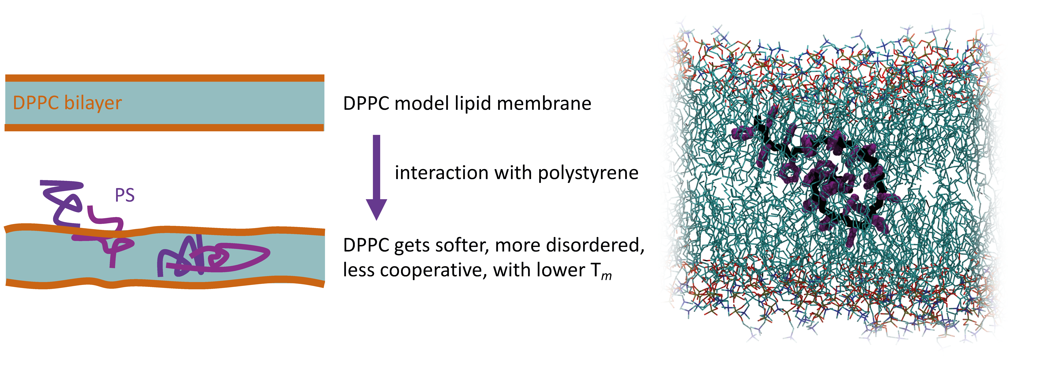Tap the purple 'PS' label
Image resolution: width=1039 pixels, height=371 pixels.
[125, 196]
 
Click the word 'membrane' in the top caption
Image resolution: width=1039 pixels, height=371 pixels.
[544, 104]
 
